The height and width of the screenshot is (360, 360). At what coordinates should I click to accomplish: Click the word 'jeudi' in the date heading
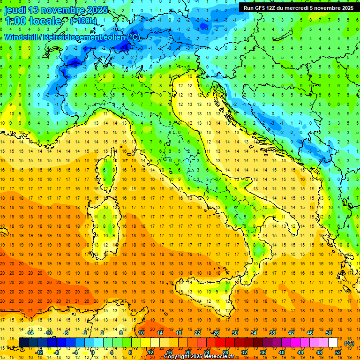click(14, 10)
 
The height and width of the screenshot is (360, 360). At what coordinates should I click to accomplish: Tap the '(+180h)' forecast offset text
click(84, 21)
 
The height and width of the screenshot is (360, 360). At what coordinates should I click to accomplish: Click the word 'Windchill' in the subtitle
click(22, 37)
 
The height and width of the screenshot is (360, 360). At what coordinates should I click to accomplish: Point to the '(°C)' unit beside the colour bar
click(349, 343)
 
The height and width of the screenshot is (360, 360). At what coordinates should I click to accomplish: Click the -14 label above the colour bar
click(30, 333)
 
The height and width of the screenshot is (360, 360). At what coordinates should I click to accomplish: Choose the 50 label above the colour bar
click(328, 333)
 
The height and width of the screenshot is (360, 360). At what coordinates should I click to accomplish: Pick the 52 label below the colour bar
click(338, 352)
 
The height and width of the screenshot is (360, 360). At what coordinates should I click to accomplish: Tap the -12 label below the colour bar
click(39, 352)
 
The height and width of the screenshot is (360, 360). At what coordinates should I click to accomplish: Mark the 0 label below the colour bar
click(93, 352)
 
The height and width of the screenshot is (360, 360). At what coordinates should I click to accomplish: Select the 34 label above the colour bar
click(254, 333)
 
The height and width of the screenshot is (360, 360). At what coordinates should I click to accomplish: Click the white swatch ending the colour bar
click(333, 343)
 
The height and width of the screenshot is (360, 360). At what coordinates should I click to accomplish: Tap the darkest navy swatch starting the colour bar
click(23, 343)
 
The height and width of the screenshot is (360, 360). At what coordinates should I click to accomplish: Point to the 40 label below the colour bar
click(282, 352)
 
